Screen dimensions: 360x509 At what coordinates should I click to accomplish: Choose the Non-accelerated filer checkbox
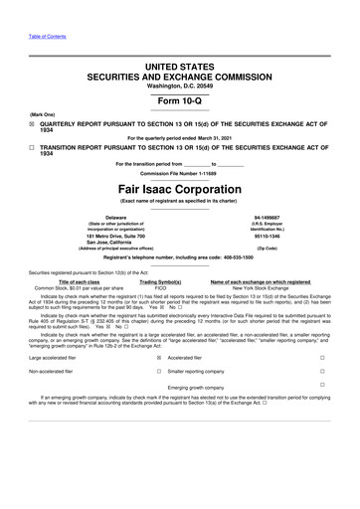tap(158, 370)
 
